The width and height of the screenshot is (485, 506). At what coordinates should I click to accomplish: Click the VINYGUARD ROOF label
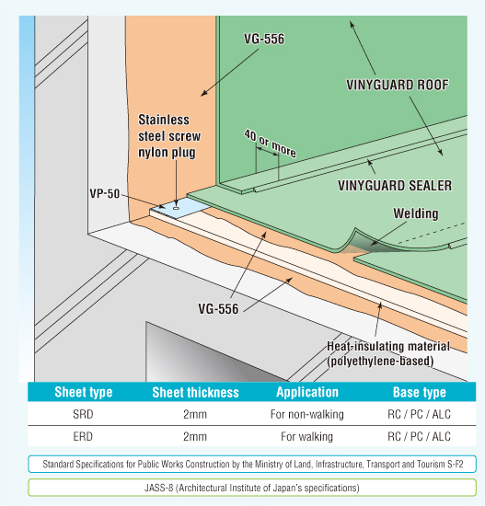point(398,85)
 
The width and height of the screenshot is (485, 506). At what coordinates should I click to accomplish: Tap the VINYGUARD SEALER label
point(395,186)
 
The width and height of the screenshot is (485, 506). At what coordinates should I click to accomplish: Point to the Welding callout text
point(416,213)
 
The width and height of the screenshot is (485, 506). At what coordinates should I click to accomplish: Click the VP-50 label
point(105,193)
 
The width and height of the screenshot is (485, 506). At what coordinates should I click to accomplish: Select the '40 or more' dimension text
point(270,143)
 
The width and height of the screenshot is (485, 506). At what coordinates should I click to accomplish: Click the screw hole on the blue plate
point(176,208)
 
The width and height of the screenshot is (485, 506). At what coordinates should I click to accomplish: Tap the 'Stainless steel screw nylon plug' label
point(169,136)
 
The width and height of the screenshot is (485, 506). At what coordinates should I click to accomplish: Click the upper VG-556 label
point(264,39)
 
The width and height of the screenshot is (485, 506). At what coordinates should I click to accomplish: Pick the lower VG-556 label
point(218,309)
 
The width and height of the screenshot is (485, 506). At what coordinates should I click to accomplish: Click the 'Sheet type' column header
point(84,392)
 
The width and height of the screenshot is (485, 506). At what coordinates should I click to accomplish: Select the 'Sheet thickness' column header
point(195,393)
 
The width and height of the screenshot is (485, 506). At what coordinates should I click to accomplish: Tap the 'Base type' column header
point(420,393)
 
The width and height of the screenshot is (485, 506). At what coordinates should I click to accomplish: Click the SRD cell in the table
point(83,414)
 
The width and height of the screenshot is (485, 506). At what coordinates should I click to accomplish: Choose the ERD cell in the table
point(83,436)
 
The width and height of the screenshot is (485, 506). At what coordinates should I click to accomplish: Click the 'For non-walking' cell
point(307,414)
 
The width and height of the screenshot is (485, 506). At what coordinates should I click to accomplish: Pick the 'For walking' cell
point(306,436)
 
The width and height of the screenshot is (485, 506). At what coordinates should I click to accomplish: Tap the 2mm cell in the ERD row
point(195,436)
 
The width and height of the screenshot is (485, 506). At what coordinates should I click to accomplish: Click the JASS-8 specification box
point(252,488)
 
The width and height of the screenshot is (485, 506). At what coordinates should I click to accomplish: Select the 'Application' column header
point(307,392)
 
